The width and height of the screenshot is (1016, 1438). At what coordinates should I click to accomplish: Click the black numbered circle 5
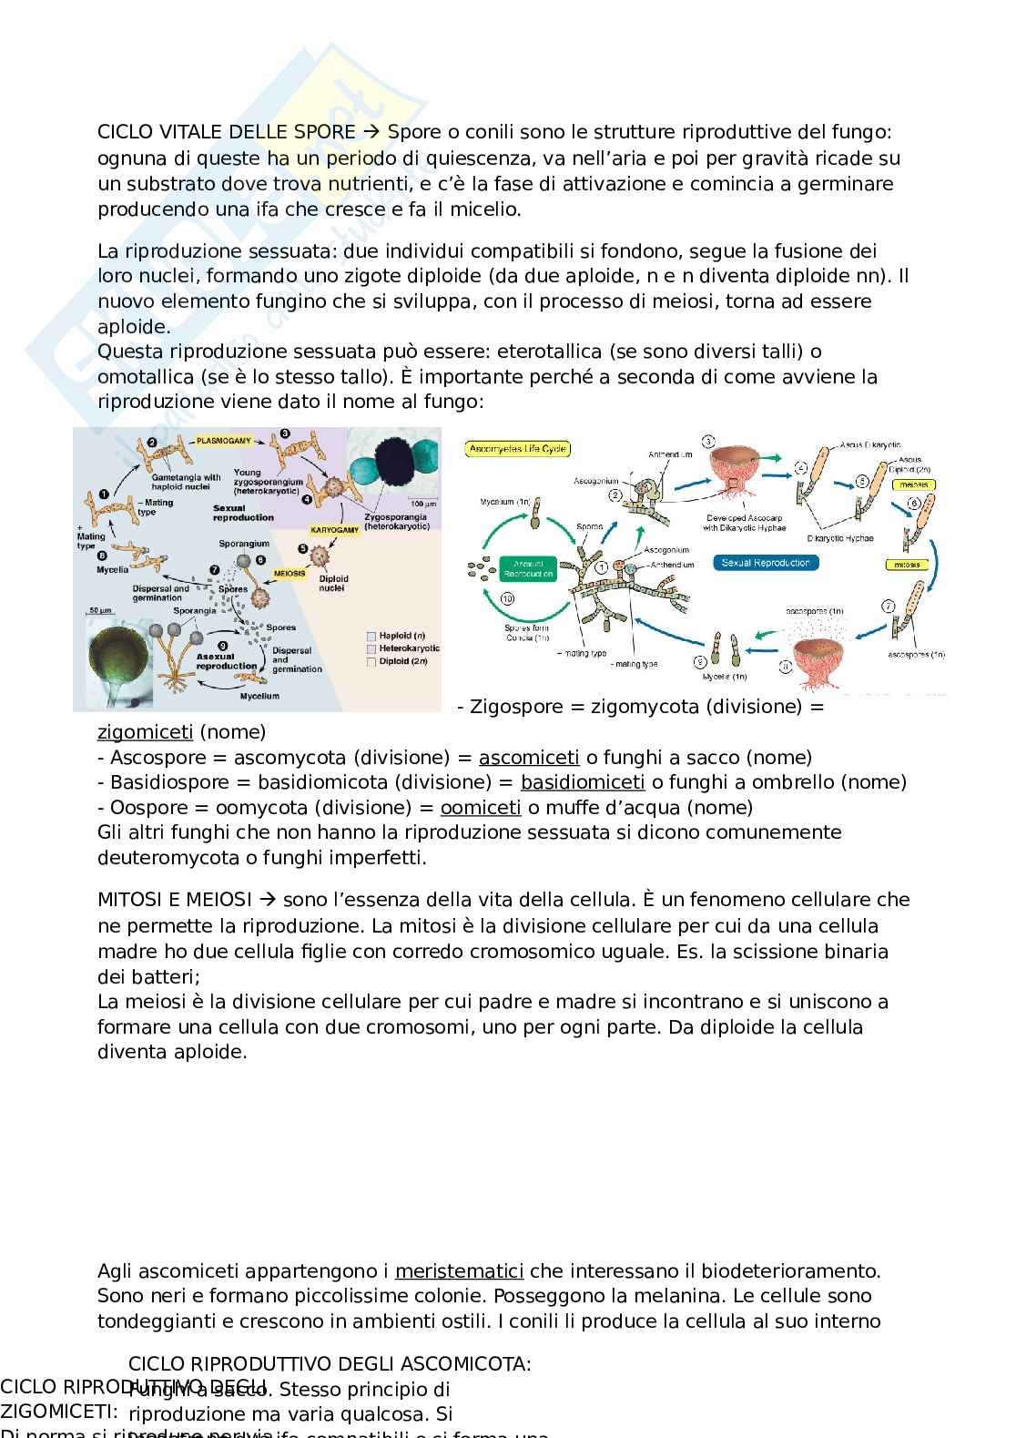coord(303,549)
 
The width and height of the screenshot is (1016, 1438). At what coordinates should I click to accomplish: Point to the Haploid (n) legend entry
coord(395,636)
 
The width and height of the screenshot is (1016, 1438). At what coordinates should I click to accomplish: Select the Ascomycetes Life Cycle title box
coord(518,449)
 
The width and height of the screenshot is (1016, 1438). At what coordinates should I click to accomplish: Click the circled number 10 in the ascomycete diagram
coord(508,598)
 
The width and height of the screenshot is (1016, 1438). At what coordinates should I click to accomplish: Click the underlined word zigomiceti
coord(145,732)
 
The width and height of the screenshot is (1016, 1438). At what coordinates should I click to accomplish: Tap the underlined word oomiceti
coord(481,808)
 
